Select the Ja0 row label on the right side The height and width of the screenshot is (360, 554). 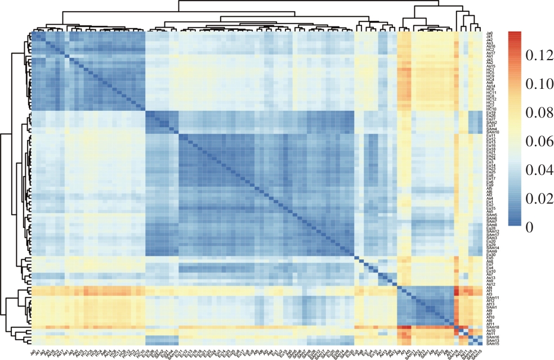pos(489,33)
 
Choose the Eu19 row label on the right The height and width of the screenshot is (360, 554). pos(490,112)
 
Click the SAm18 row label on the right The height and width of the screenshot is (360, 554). pos(491,327)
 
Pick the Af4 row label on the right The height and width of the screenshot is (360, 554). pos(489,288)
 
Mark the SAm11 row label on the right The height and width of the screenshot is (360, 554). pos(491,298)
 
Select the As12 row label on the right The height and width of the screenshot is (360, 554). pos(490,284)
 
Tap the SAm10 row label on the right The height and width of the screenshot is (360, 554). pos(491,132)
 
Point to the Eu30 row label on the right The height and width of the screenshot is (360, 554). pos(490,255)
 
